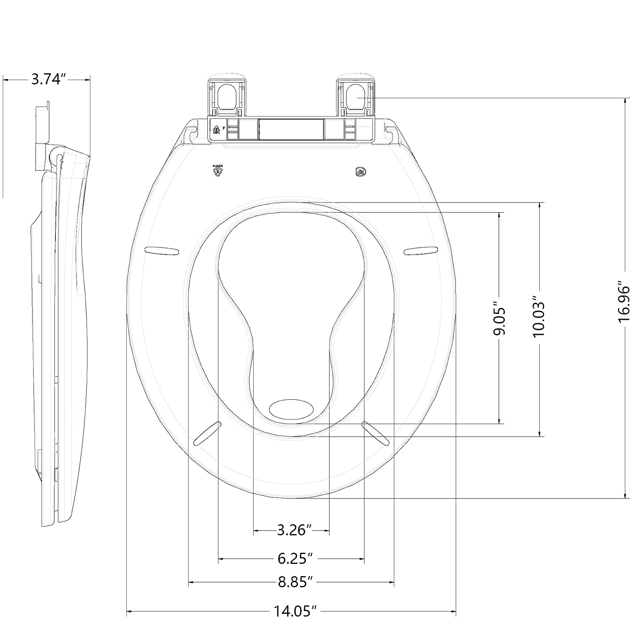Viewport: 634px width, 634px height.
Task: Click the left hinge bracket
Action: coord(227,95)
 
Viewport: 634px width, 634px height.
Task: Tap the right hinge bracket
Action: coord(355,95)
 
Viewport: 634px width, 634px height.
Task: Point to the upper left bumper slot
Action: coord(162,250)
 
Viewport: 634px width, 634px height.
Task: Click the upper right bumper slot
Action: coord(421,250)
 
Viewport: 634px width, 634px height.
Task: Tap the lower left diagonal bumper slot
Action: coord(207,433)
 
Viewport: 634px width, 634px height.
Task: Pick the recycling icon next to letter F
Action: coord(216,129)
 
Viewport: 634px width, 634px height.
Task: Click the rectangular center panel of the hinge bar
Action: coord(291,129)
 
